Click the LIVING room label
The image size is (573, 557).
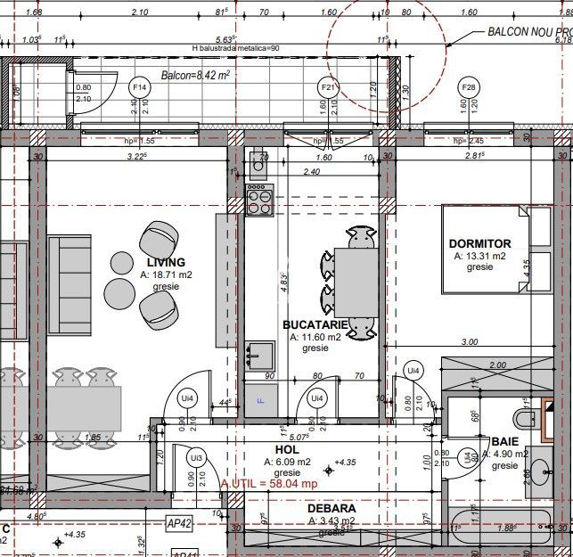pos(166,262)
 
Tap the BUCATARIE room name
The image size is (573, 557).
pos(315,325)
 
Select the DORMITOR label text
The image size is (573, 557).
pos(479,243)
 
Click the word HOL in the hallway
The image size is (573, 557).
pos(286,450)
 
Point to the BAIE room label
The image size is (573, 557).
pos(504,441)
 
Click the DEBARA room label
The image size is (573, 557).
pos(331,508)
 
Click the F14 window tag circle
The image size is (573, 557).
pos(140,87)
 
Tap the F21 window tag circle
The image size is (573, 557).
pos(328,87)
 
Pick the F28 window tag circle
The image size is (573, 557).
pos(469,87)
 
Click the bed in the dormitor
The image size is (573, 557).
pos(486,250)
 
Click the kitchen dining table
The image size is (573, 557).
pos(356,283)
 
